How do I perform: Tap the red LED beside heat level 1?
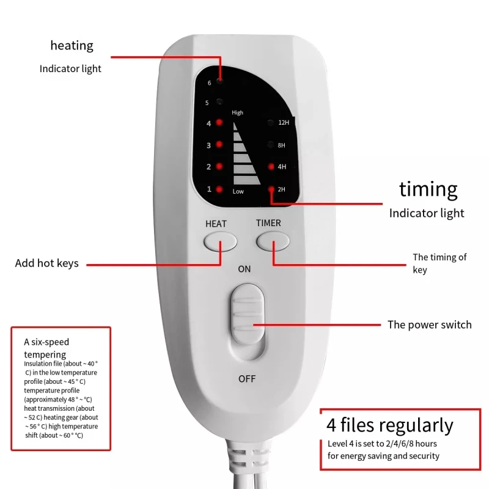[x=219, y=189]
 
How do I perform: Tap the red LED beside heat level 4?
[x=219, y=123]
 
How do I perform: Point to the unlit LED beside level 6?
[x=219, y=81]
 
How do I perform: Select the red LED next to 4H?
[x=271, y=167]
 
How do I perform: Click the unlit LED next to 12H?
[x=271, y=123]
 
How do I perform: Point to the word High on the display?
[x=237, y=112]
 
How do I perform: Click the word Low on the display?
[x=238, y=192]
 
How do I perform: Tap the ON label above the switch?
[x=244, y=269]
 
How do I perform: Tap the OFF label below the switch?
[x=247, y=379]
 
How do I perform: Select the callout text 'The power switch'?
[x=429, y=325]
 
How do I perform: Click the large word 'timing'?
[x=428, y=189]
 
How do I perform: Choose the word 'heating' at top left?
[x=72, y=45]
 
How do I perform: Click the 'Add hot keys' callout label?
[x=46, y=263]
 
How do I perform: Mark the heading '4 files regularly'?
[x=390, y=425]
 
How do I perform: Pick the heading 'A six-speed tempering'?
[x=46, y=348]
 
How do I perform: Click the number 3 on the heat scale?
[x=208, y=145]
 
